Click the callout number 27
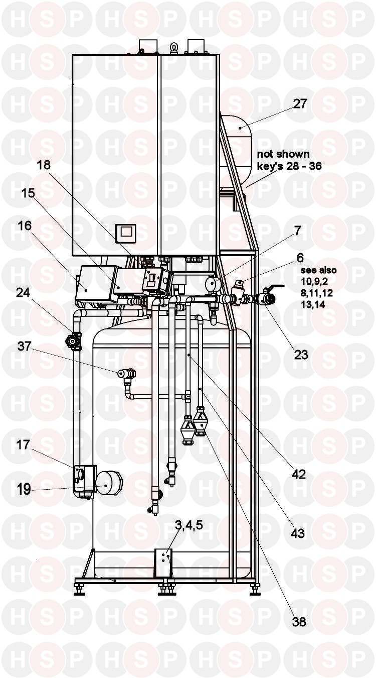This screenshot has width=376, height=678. click(300, 104)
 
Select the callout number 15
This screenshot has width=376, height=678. click(28, 193)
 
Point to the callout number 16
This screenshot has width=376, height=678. click(24, 227)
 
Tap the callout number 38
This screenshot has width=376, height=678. click(299, 622)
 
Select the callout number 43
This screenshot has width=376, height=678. click(297, 533)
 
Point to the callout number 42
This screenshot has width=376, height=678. click(299, 474)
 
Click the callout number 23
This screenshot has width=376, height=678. click(301, 355)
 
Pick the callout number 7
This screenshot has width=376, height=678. click(298, 231)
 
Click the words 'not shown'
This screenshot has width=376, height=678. click(283, 154)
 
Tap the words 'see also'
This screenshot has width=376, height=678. click(318, 271)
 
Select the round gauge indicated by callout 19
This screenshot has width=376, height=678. click(105, 486)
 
